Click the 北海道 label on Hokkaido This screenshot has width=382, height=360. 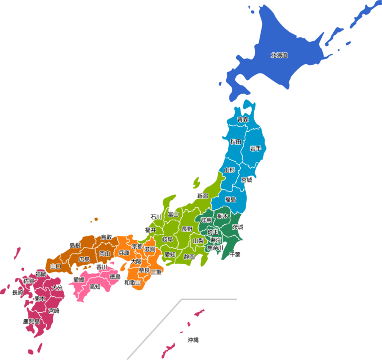click(x=279, y=55)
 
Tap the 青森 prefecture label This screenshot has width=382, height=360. click(x=243, y=120)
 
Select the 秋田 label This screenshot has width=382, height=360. click(x=236, y=142)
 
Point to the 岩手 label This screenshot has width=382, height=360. click(x=256, y=148)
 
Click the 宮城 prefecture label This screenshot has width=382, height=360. click(x=247, y=180)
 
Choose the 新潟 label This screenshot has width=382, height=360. click(x=202, y=196)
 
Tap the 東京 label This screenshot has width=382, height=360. click(x=216, y=240)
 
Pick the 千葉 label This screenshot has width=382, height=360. click(x=235, y=254)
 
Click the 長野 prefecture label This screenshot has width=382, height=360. click(x=187, y=229)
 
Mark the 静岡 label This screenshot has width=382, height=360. click(x=189, y=257)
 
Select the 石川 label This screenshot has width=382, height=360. click(x=156, y=217)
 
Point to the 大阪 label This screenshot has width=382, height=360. click(x=136, y=262)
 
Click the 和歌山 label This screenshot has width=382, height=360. click(x=132, y=283)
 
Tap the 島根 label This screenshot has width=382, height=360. click(x=75, y=245)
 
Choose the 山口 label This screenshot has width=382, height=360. click(x=56, y=267)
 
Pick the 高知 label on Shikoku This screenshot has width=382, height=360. click(x=95, y=287)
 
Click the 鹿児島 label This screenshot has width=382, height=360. click(x=31, y=322)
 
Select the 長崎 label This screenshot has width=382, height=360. click(x=17, y=292)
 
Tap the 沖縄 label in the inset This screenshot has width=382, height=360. click(x=193, y=340)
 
